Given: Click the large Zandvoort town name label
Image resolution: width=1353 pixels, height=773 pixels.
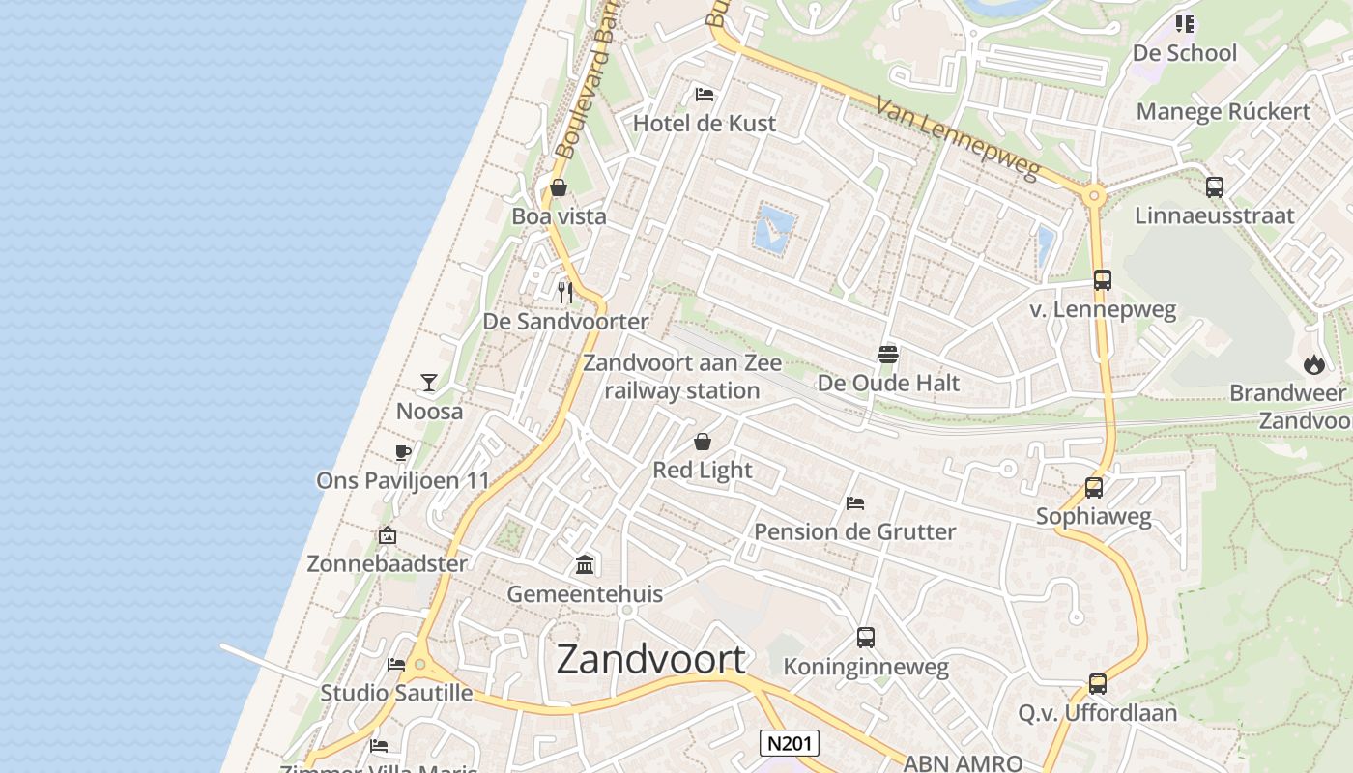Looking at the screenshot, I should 650,659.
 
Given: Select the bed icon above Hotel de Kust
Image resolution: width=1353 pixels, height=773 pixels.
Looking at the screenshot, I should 705,95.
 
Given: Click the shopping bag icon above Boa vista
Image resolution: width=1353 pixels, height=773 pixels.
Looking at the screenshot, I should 559,187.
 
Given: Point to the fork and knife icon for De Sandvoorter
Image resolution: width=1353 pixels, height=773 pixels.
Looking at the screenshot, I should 565,291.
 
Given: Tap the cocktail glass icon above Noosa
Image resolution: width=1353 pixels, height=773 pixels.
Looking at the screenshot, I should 429,383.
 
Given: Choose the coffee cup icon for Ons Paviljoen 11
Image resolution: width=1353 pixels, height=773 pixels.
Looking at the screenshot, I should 403,452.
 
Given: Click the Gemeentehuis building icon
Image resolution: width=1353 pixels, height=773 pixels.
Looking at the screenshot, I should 585,564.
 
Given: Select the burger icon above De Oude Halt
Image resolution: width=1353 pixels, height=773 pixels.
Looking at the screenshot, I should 888,354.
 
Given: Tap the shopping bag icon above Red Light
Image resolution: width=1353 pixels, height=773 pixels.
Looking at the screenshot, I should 703,442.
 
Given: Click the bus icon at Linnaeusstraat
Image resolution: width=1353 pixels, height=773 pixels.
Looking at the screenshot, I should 1215,186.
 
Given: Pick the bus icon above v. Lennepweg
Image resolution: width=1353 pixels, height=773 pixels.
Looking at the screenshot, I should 1103,280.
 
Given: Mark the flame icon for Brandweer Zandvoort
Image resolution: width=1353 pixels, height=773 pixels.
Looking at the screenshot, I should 1313,364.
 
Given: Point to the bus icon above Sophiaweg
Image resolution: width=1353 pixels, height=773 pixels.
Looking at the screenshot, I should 1094,488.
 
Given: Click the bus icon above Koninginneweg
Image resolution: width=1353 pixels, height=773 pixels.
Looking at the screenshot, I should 866,638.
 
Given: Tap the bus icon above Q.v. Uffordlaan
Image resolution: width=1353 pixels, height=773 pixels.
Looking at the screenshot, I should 1098,684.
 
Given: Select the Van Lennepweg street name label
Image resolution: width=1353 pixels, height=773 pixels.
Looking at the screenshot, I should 958,137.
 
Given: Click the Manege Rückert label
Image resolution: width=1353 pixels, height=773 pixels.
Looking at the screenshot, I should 1223,111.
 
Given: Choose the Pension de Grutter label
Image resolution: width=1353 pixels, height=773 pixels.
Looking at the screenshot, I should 854,531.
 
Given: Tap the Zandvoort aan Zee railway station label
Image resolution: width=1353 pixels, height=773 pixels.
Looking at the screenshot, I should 683,377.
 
